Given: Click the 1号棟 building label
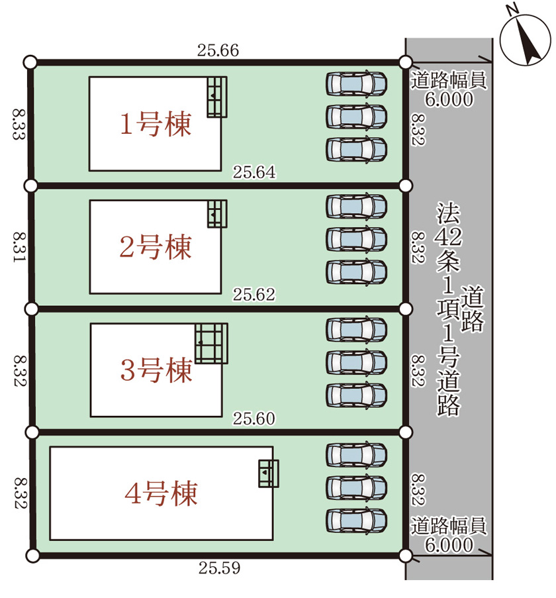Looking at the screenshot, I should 156,124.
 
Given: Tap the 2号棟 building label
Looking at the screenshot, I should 156,247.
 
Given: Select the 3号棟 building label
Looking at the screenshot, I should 156,370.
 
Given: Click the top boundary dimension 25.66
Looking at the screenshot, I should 217,50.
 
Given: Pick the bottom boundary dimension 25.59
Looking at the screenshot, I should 218,568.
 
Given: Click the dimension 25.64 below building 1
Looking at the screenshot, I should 254,172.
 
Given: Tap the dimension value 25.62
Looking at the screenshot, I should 254,295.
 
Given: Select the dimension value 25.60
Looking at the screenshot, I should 254,418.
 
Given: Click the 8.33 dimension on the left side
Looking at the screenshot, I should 18,124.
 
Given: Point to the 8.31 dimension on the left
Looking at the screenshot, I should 18,247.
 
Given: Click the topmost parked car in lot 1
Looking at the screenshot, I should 356,83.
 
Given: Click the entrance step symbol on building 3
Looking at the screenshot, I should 211,342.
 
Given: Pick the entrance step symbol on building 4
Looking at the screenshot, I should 268,473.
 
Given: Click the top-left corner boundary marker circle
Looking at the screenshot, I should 30,62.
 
